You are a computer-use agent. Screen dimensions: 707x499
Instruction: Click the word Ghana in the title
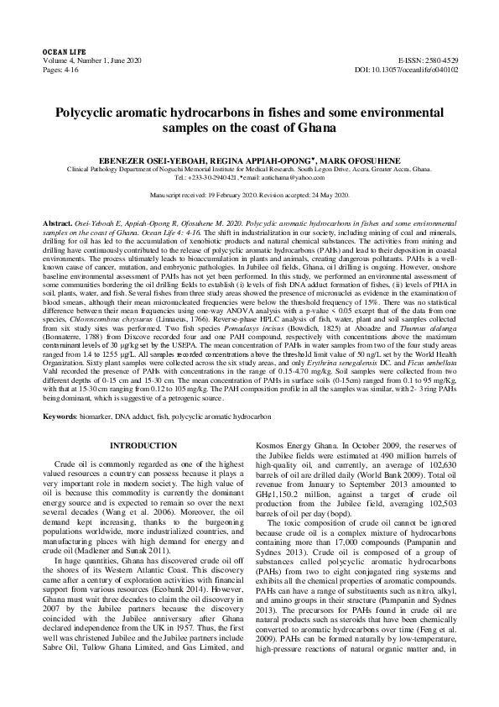tap(316, 128)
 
